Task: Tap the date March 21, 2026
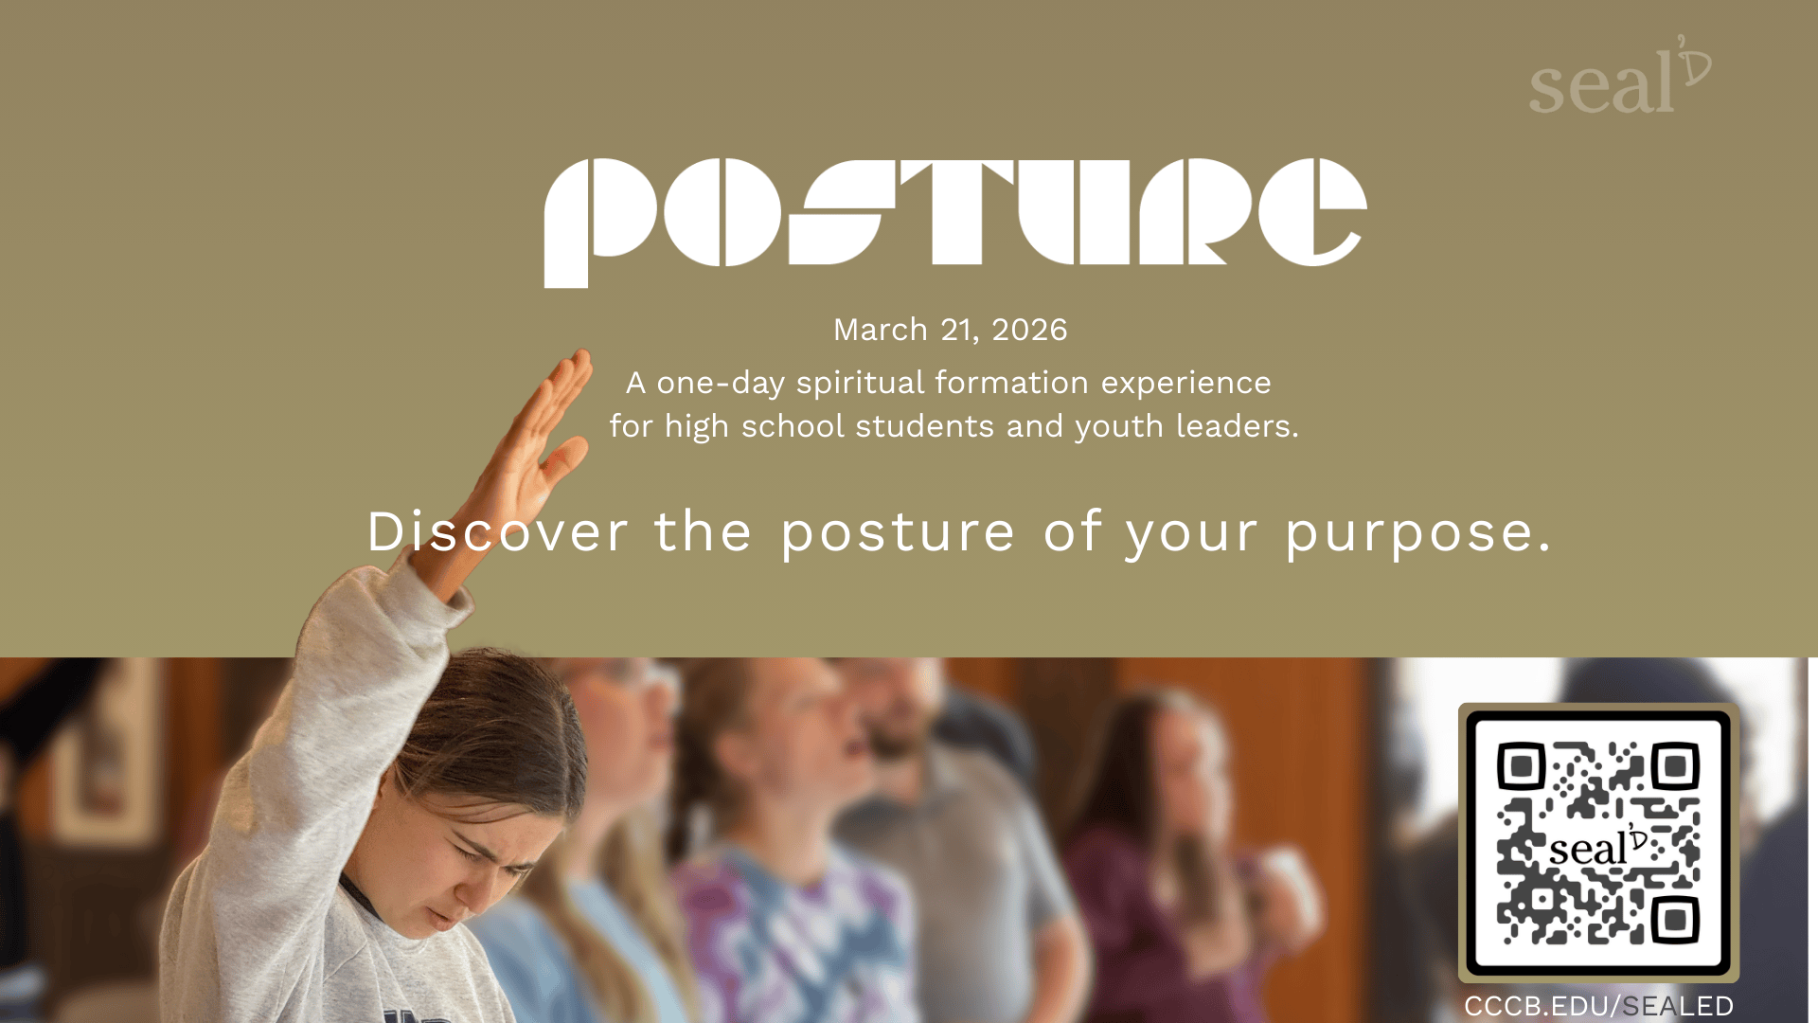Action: tap(950, 330)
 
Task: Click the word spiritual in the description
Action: tap(860, 383)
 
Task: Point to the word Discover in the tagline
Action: tap(497, 531)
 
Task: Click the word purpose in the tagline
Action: tap(1409, 533)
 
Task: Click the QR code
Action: tap(1598, 842)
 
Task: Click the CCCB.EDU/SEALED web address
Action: tap(1598, 1006)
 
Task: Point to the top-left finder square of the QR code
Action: tap(1521, 765)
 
